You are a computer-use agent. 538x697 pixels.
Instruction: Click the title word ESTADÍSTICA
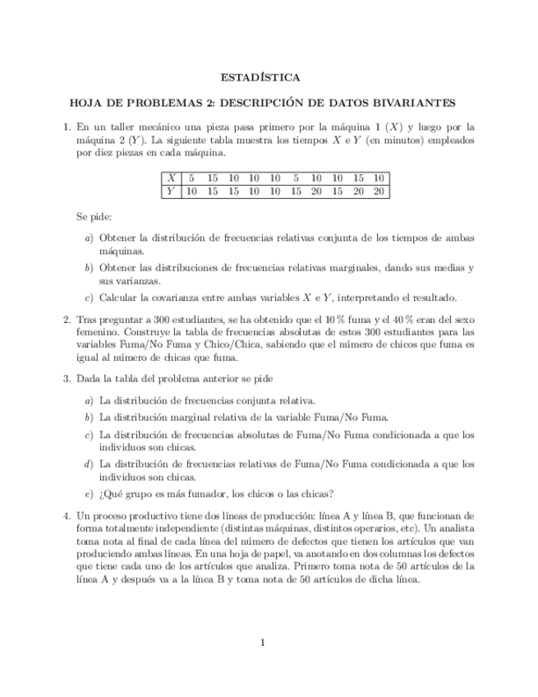click(260, 78)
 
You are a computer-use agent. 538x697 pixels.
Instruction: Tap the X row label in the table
click(171, 178)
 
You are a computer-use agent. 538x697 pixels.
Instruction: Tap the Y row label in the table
click(171, 192)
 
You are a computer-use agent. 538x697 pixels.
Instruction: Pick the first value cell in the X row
click(191, 178)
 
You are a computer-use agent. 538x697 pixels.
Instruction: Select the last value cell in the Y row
click(378, 192)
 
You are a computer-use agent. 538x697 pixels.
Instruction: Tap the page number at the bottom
click(262, 643)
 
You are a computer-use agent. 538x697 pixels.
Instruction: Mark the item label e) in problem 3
click(88, 494)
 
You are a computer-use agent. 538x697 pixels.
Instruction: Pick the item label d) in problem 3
click(88, 464)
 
